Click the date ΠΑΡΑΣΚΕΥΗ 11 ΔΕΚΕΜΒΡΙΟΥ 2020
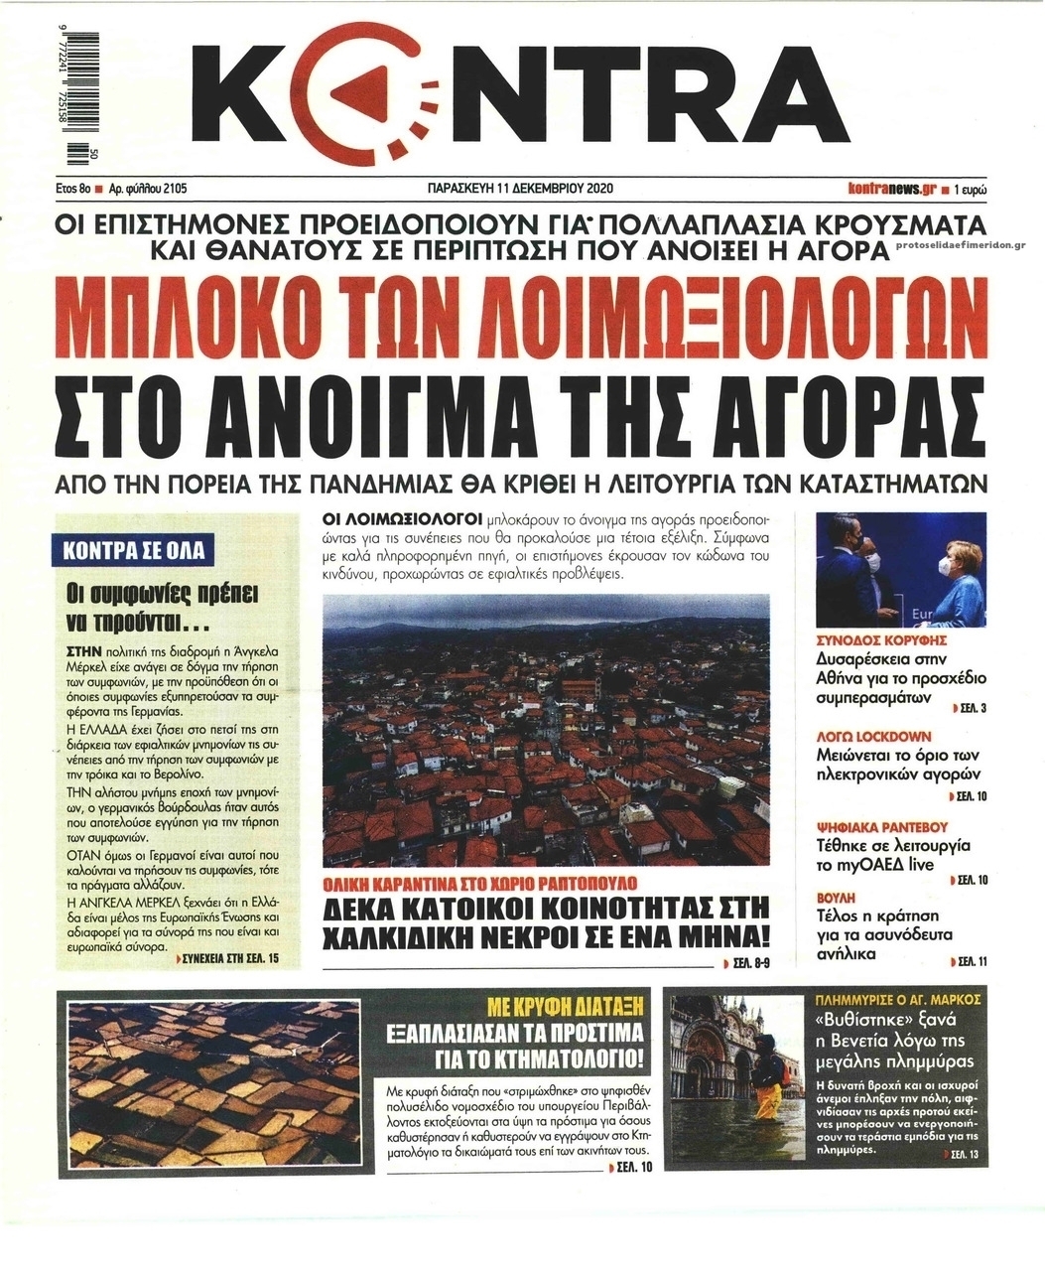[515, 187]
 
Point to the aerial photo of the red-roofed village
[546, 730]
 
